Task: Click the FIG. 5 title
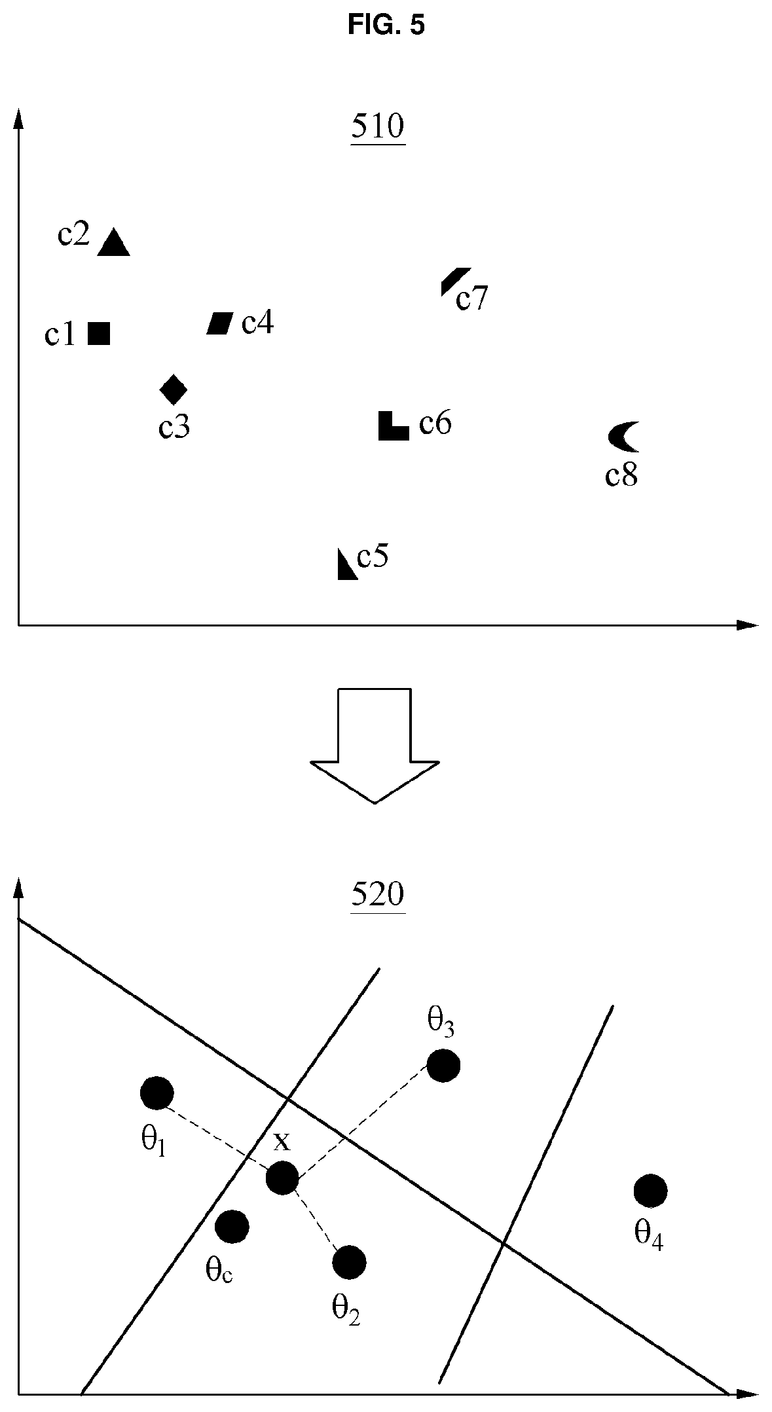[386, 25]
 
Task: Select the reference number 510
[378, 127]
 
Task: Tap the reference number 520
[378, 894]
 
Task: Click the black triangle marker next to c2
[114, 243]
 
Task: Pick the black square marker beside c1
[99, 334]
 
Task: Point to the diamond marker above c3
[174, 390]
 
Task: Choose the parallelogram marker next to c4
[220, 323]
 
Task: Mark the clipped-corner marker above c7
[454, 280]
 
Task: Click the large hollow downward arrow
[375, 745]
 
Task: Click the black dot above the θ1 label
[157, 1093]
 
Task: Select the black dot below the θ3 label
[443, 1066]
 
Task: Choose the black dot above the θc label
[232, 1226]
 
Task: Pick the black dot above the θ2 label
[349, 1261]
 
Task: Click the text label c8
[621, 476]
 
